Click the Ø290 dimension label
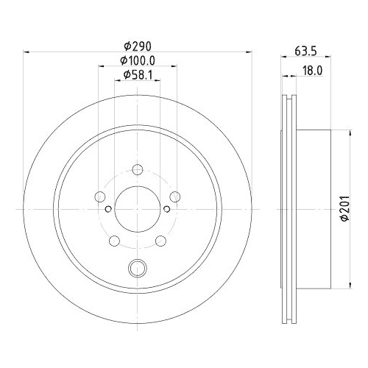(138, 46)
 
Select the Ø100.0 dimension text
(138, 60)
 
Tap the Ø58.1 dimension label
(138, 74)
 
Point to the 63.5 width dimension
(306, 52)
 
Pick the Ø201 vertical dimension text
(345, 209)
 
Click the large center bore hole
(138, 209)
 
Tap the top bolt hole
(138, 169)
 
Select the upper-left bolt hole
(100, 197)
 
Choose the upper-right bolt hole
(175, 197)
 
